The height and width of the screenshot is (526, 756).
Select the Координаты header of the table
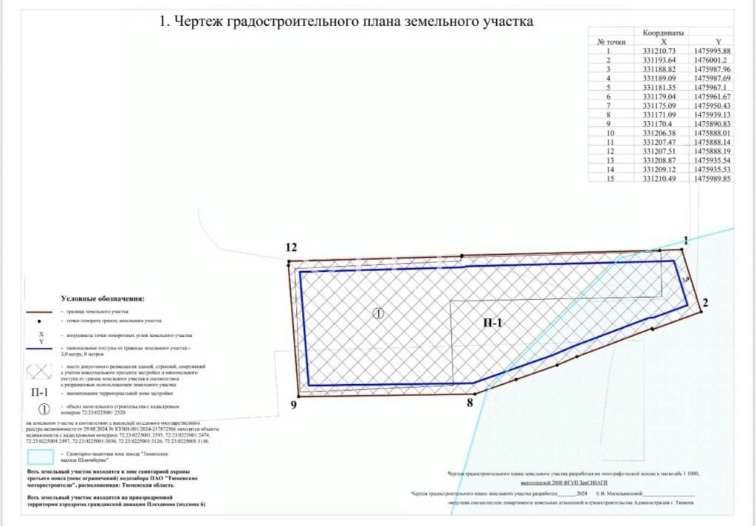[662, 33]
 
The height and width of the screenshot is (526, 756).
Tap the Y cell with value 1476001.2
[711, 60]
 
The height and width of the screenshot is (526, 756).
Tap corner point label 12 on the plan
[292, 247]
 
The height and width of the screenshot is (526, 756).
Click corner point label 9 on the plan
[293, 405]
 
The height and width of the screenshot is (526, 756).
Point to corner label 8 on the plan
[469, 403]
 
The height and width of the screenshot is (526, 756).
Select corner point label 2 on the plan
[705, 302]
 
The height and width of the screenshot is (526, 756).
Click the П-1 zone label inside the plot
[492, 322]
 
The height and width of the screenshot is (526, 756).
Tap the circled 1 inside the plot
[378, 313]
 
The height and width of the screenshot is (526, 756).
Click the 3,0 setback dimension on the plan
[685, 280]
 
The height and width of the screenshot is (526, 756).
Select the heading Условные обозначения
[103, 298]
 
